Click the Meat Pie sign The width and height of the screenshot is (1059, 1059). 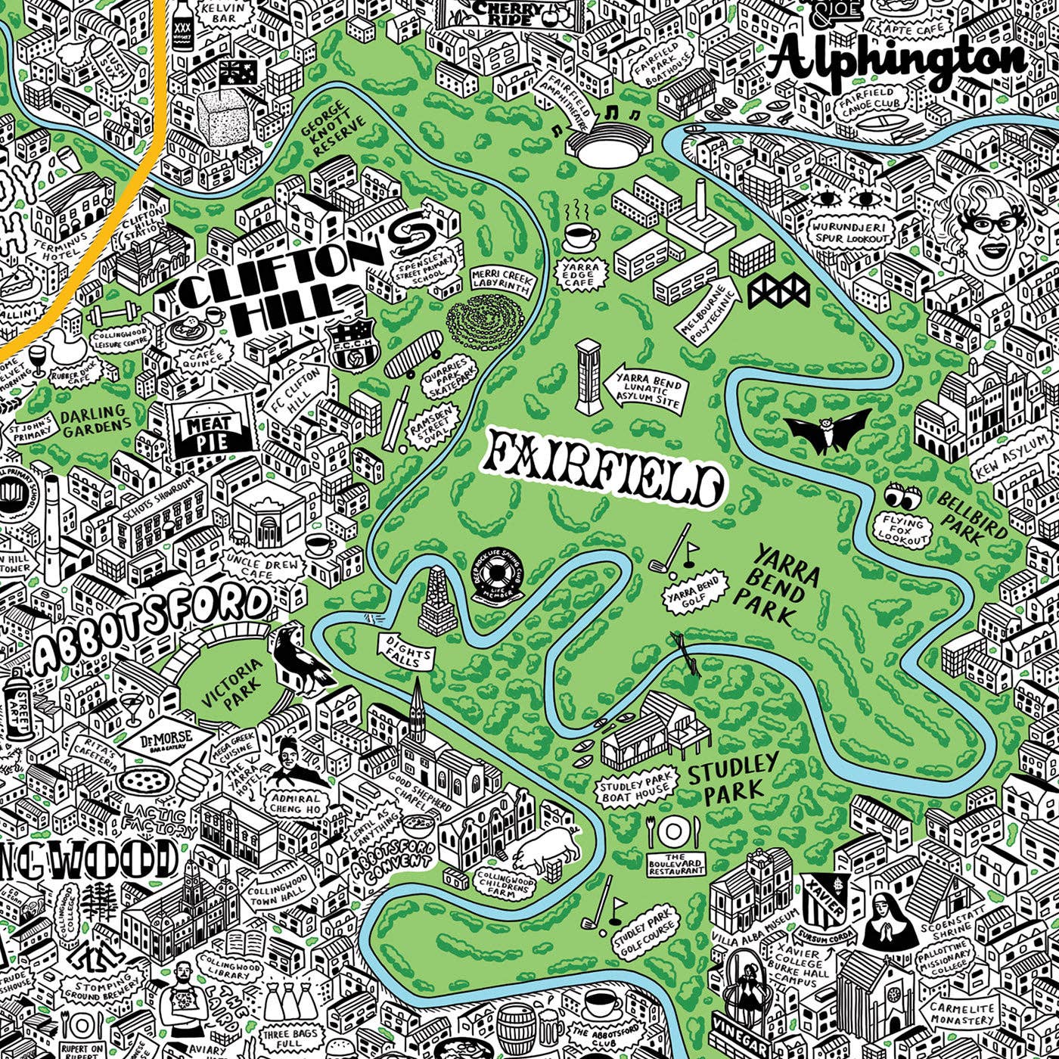click(207, 432)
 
